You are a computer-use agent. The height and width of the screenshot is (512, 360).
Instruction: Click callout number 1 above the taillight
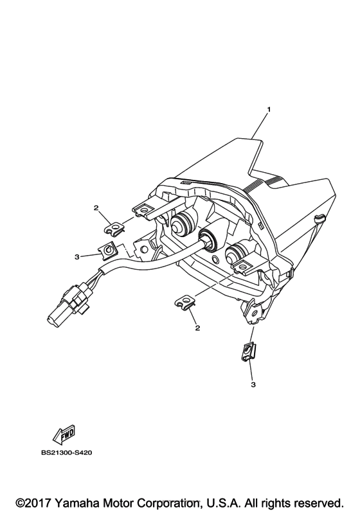point(269,110)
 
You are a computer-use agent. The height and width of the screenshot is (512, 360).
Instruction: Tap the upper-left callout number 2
point(96,207)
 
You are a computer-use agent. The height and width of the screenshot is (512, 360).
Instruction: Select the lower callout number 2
point(197,328)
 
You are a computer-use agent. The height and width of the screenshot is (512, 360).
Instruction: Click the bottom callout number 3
point(253,385)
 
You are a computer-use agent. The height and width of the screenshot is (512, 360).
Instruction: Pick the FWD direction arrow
point(64,434)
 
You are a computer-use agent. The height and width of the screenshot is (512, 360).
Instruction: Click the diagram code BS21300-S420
point(67,453)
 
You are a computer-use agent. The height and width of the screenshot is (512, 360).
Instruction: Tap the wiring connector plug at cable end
point(67,303)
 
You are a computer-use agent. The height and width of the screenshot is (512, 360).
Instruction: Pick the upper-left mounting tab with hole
point(144,210)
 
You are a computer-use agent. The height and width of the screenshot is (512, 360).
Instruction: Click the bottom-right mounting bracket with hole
point(255,311)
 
